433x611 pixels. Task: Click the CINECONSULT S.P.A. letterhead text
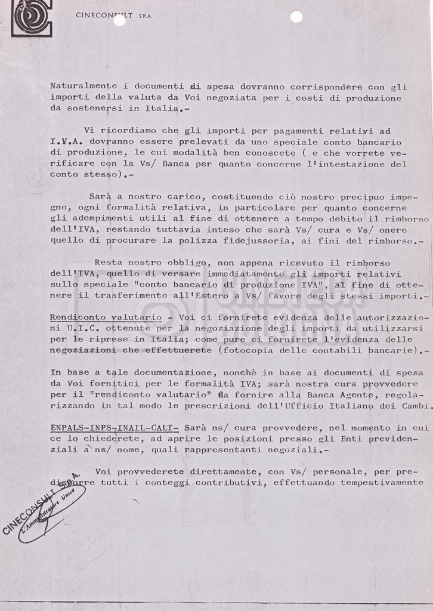pyautogui.click(x=115, y=16)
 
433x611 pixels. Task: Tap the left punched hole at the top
pyautogui.click(x=119, y=20)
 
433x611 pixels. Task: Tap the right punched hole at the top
pyautogui.click(x=296, y=17)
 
